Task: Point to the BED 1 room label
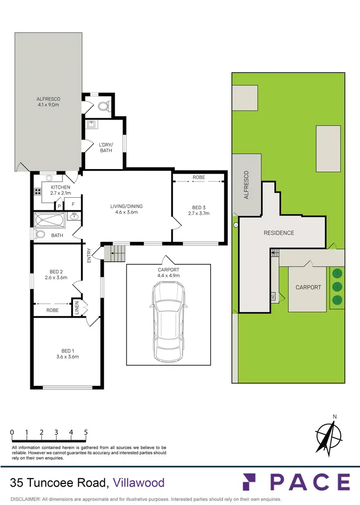[67, 350]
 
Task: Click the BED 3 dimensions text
[199, 213]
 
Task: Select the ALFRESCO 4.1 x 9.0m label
[48, 102]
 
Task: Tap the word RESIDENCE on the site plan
[279, 233]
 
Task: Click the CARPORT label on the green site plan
[308, 287]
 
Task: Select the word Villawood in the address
[139, 483]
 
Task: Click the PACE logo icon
[251, 482]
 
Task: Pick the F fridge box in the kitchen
[73, 204]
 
